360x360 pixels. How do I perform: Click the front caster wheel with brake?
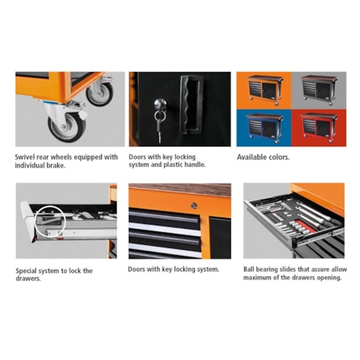pyautogui.click(x=67, y=127)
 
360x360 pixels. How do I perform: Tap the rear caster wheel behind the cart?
pyautogui.click(x=100, y=93)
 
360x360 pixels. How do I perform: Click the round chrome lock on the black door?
pyautogui.click(x=160, y=104)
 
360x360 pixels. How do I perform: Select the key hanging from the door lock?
pyautogui.click(x=159, y=128)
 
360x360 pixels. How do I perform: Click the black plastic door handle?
pyautogui.click(x=191, y=105)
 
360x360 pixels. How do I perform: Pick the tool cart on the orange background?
pyautogui.click(x=265, y=89)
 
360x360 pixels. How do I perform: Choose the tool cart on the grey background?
pyautogui.click(x=319, y=89)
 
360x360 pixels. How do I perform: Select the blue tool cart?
pyautogui.click(x=265, y=128)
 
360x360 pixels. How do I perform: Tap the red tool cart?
pyautogui.click(x=319, y=128)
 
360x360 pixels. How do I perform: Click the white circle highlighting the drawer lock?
pyautogui.click(x=34, y=221)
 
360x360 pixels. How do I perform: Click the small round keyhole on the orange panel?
pyautogui.click(x=193, y=206)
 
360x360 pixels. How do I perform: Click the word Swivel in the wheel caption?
pyautogui.click(x=24, y=157)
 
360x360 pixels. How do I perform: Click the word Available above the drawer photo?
pyautogui.click(x=252, y=157)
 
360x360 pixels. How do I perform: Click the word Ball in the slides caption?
pyautogui.click(x=249, y=269)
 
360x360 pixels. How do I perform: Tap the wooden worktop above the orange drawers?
pyautogui.click(x=180, y=189)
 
